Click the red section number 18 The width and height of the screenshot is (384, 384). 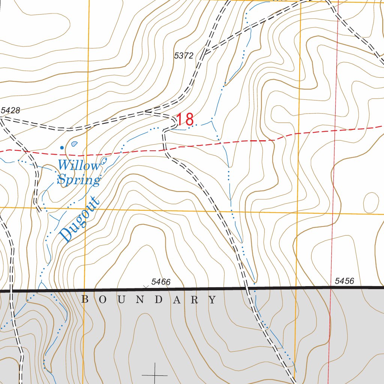click(185, 120)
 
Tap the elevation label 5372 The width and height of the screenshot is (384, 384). click(184, 56)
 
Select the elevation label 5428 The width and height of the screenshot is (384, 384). click(10, 110)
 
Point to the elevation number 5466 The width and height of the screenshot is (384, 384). click(161, 282)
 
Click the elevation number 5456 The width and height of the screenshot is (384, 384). click(344, 281)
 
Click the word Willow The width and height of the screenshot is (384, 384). click(79, 165)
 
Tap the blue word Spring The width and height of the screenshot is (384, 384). click(79, 180)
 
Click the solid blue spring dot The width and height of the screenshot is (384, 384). click(62, 147)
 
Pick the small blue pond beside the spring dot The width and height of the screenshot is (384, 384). click(74, 144)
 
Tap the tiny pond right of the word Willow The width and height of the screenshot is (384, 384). click(104, 161)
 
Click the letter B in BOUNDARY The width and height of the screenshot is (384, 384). click(85, 300)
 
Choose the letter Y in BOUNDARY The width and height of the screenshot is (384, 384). click(213, 300)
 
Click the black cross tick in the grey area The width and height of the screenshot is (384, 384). click(154, 375)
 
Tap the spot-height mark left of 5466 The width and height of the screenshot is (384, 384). click(146, 286)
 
